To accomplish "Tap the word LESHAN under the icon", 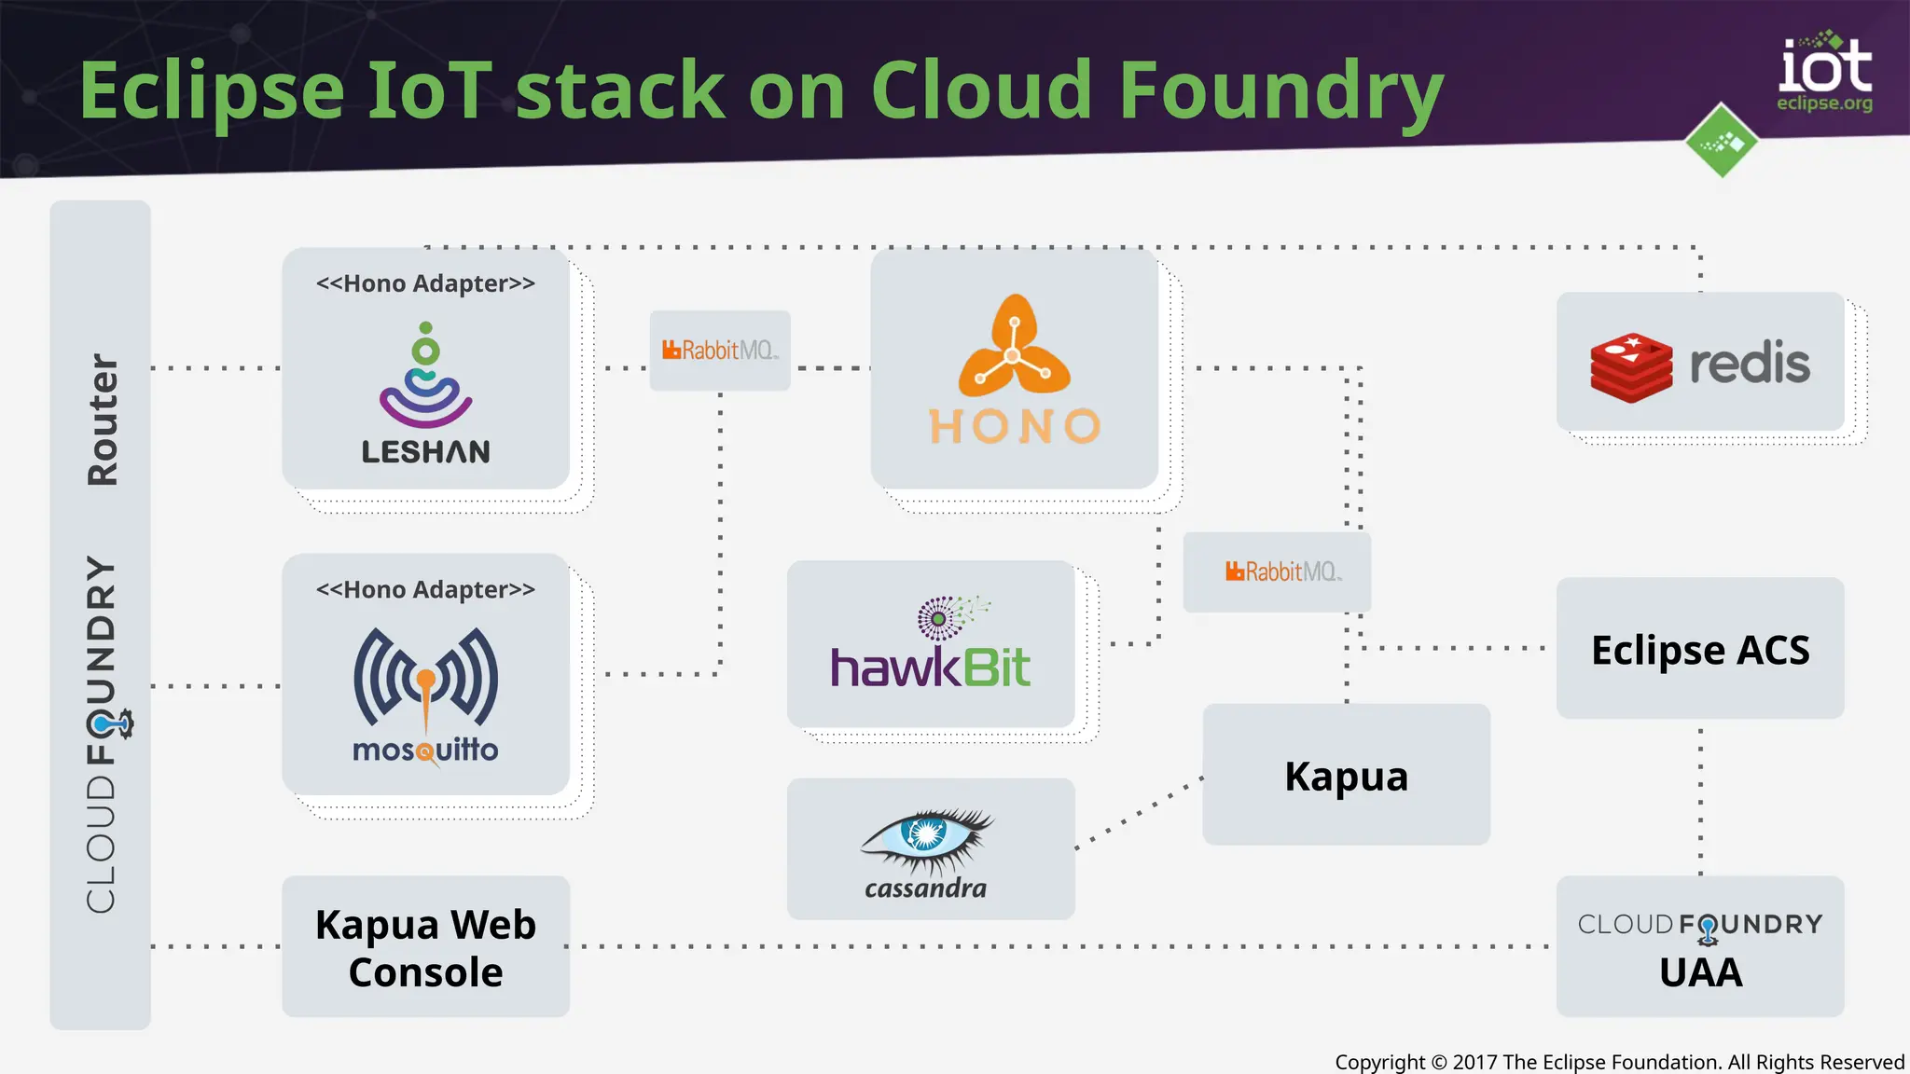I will click(425, 452).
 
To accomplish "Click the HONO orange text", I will click(1015, 427).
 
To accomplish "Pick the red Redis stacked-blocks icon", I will click(1631, 367).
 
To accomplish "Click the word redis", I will click(1750, 364).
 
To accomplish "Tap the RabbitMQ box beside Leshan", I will click(719, 351).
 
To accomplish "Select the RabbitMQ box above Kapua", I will click(1277, 571).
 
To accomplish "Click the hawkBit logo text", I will click(930, 666).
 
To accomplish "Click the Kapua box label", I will click(1346, 777).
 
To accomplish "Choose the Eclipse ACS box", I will click(1699, 650).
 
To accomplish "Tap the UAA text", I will click(1700, 973).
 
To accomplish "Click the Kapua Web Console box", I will click(425, 947).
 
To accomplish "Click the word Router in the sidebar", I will click(102, 420).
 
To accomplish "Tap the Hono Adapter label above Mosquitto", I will click(425, 590).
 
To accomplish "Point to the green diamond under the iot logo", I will click(1722, 142).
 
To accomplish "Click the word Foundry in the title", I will click(1280, 91).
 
